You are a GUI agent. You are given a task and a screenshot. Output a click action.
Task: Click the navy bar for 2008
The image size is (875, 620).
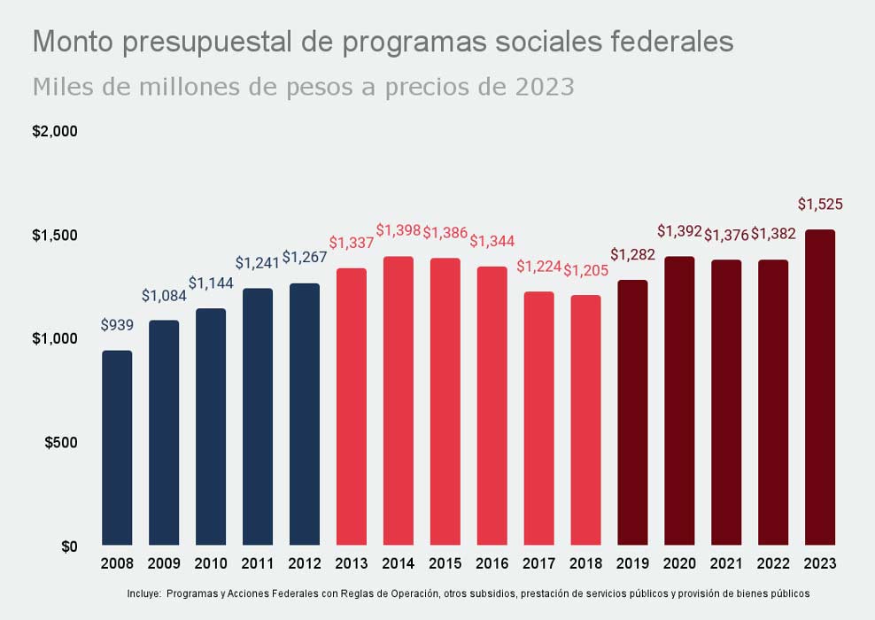coord(117,447)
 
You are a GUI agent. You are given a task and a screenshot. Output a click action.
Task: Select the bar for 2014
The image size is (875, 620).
coord(398,400)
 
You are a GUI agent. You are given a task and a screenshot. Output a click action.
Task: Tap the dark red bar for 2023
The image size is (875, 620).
coord(819,387)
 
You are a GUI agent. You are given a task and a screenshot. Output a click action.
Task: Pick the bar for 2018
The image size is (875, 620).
coord(585,420)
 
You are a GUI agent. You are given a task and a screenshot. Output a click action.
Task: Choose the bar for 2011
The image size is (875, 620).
coord(258,416)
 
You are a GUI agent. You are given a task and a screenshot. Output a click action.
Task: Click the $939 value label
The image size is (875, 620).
coord(117,325)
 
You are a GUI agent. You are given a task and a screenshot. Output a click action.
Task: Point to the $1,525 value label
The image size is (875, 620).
coord(819,205)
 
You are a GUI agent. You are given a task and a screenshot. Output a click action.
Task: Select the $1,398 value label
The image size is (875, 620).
coord(399,230)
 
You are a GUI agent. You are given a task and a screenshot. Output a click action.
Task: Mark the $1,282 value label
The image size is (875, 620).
coord(632,256)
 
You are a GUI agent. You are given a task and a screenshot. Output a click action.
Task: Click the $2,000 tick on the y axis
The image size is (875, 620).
coord(56,131)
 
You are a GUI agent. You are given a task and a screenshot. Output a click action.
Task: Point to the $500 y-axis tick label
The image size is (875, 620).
coord(61,443)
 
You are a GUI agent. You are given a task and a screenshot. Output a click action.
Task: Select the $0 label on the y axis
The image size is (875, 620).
coord(68,546)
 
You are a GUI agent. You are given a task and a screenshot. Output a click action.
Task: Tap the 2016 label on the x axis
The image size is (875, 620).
coord(492,563)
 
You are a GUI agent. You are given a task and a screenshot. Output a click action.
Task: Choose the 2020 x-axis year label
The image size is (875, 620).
coord(679,563)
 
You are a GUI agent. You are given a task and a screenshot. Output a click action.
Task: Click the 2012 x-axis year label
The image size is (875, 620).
coord(305,563)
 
